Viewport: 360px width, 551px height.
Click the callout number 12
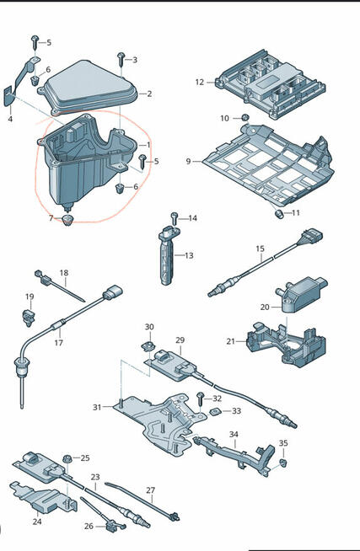pyautogui.click(x=199, y=83)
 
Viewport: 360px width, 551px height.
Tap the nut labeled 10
pyautogui.click(x=246, y=118)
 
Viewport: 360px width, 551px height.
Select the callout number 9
pyautogui.click(x=189, y=161)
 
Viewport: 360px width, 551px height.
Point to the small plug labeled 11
pyautogui.click(x=279, y=213)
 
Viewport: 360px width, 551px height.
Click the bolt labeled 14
pyautogui.click(x=175, y=219)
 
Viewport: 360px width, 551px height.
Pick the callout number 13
pyautogui.click(x=189, y=255)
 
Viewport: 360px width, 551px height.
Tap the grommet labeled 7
pyautogui.click(x=68, y=220)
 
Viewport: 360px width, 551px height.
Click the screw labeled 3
pyautogui.click(x=121, y=59)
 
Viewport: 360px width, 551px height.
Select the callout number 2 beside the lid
pyautogui.click(x=149, y=94)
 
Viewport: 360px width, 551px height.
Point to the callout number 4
pyautogui.click(x=10, y=119)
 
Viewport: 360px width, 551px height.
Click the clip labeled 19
pyautogui.click(x=29, y=317)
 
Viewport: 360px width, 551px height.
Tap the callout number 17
pyautogui.click(x=58, y=342)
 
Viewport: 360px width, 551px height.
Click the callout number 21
pyautogui.click(x=231, y=341)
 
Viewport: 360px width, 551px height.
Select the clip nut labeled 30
pyautogui.click(x=148, y=346)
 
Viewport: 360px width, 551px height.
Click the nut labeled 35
pyautogui.click(x=283, y=463)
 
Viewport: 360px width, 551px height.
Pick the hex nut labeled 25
pyautogui.click(x=67, y=459)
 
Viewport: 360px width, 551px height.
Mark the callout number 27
pyautogui.click(x=150, y=490)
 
